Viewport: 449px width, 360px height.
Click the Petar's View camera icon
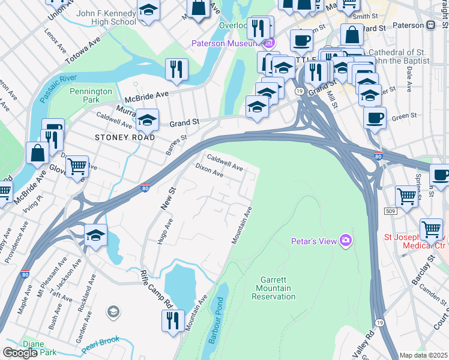pos(345,241)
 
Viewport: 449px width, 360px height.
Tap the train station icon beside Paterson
pos(430,26)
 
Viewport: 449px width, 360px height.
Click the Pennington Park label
pos(91,96)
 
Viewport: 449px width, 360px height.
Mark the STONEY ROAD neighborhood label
pos(125,137)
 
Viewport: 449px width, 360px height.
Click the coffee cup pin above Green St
pos(375,117)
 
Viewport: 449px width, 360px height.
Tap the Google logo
pos(20,353)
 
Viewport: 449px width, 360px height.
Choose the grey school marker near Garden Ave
pos(112,312)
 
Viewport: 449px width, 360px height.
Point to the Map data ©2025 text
pos(424,355)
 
